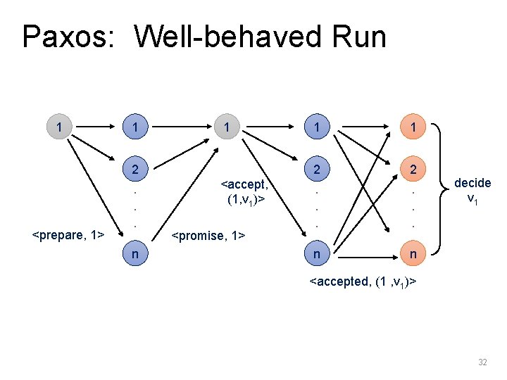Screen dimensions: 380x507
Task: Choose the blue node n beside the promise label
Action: [134, 252]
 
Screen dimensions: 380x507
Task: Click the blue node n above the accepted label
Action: [316, 252]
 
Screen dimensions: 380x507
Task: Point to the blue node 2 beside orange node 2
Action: [316, 170]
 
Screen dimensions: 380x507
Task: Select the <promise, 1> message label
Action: [208, 235]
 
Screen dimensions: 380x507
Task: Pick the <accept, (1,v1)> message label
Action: [243, 191]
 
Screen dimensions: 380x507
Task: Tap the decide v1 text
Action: [472, 190]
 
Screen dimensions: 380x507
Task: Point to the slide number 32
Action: [482, 362]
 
